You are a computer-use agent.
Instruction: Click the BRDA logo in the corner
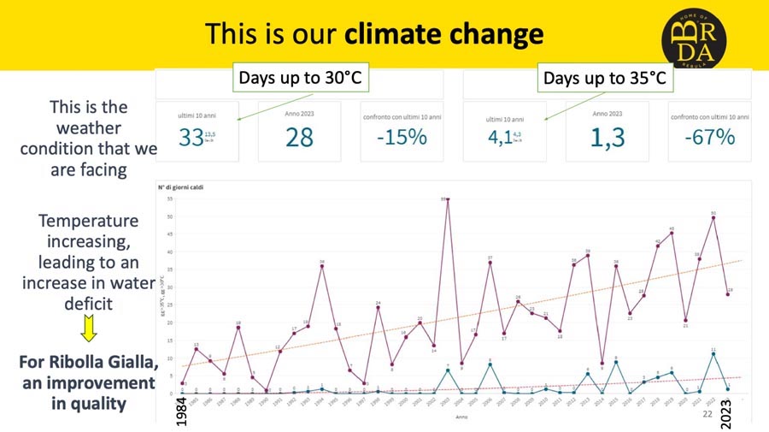click(694, 36)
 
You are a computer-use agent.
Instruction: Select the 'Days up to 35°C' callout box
click(604, 79)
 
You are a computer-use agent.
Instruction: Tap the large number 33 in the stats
click(191, 137)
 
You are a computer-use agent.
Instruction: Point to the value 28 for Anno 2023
click(299, 137)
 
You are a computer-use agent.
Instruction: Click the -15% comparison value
click(401, 137)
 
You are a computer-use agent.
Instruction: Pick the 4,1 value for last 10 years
click(500, 137)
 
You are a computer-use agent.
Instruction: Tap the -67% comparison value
click(708, 137)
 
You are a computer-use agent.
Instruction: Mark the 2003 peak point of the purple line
click(448, 199)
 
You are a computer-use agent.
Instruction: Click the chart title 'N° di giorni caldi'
click(179, 186)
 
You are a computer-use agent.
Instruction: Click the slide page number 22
click(707, 414)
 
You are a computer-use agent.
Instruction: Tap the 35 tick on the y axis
click(171, 199)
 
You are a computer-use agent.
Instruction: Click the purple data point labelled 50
click(713, 217)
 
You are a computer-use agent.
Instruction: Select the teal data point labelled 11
click(713, 354)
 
